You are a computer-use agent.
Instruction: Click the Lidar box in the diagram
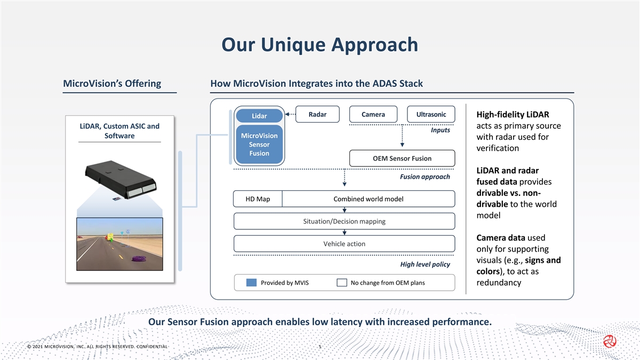tap(259, 116)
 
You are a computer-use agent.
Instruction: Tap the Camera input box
tap(373, 115)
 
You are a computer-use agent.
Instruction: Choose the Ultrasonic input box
tap(431, 115)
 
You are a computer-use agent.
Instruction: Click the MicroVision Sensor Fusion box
tap(259, 145)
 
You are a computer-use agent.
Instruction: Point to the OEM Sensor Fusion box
tap(402, 158)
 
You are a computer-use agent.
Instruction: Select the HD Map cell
tap(258, 199)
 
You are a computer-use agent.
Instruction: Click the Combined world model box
tap(368, 199)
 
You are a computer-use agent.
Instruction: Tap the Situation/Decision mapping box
tap(344, 221)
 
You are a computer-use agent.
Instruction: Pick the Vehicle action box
tap(344, 244)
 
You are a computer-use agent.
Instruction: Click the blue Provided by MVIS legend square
tap(252, 283)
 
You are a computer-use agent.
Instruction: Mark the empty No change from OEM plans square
tap(342, 283)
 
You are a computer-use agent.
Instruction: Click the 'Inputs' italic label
tap(440, 130)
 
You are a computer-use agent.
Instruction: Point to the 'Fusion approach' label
tap(425, 177)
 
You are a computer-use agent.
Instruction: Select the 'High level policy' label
tap(425, 265)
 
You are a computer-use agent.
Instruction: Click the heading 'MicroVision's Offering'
tap(112, 84)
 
